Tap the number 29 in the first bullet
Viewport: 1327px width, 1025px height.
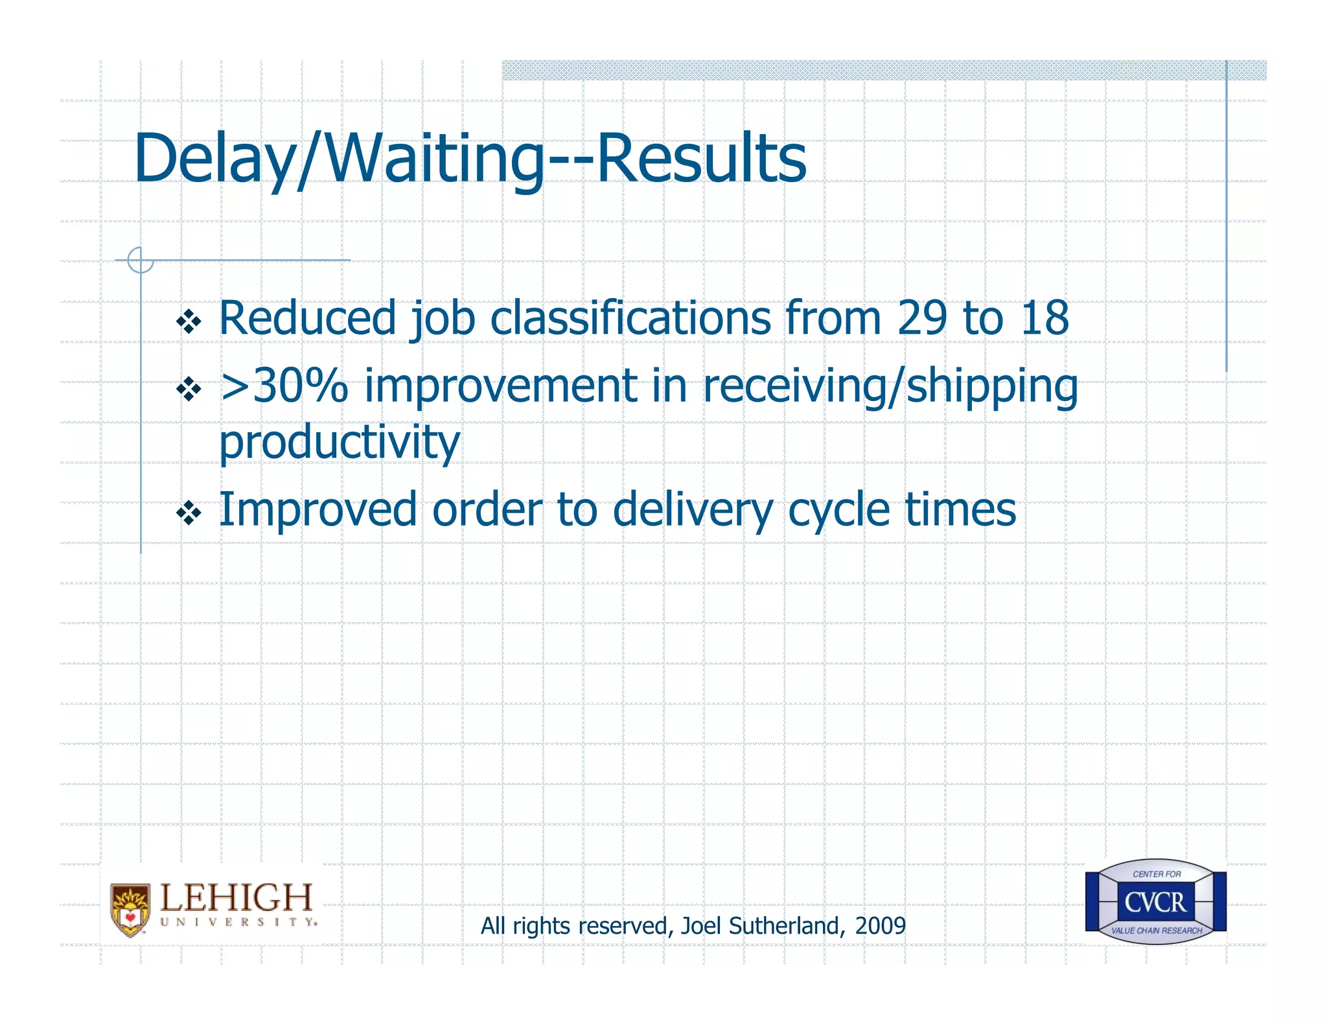point(923,318)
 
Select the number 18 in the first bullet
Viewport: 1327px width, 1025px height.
point(1044,318)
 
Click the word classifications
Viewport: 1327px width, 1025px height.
point(630,318)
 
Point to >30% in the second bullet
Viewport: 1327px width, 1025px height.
point(284,386)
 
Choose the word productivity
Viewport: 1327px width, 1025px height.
point(340,443)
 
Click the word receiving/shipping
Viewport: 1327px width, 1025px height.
point(890,387)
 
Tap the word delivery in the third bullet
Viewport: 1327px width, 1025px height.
point(693,511)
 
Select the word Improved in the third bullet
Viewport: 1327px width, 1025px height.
point(317,511)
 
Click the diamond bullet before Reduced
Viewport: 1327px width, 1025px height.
point(189,322)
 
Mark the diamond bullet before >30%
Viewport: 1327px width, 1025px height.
point(189,389)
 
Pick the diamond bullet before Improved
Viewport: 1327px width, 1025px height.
point(189,514)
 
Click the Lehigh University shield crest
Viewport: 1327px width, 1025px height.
point(130,910)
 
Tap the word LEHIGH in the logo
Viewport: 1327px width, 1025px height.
point(237,897)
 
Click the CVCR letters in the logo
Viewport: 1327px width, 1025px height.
point(1155,902)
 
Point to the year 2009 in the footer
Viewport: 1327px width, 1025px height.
point(880,926)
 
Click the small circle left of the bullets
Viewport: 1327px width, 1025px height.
point(141,260)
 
